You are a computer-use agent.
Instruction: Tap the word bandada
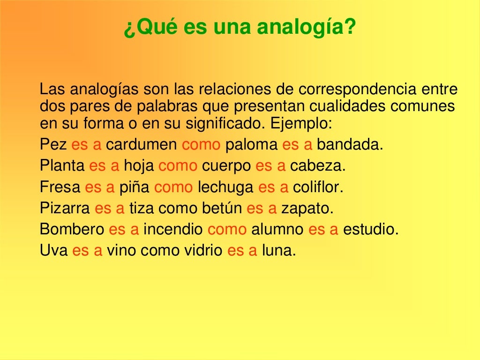[350, 144]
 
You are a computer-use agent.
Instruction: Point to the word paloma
[251, 144]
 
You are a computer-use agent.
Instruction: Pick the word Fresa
[60, 187]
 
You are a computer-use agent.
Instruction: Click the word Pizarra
[65, 208]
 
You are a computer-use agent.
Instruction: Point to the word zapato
[307, 208]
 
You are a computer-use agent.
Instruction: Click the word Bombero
[72, 229]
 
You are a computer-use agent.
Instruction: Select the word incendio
[173, 229]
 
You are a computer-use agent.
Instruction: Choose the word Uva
[53, 251]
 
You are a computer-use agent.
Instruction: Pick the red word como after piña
[173, 187]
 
